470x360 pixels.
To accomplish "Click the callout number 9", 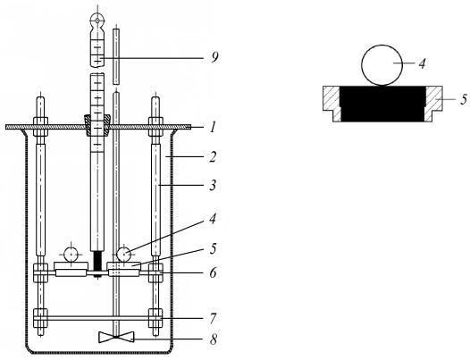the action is point(214,57).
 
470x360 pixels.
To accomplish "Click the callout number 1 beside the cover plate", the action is point(213,128).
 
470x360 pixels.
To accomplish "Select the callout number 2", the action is point(213,156).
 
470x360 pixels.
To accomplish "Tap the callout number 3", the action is point(213,185).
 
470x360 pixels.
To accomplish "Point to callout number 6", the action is point(213,273).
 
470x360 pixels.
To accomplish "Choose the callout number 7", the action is point(213,318).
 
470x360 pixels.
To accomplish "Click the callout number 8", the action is point(214,339).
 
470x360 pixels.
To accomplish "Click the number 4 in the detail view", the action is point(422,63).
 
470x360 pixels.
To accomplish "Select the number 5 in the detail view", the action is point(464,99).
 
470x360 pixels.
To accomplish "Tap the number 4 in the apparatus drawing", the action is point(213,219).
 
